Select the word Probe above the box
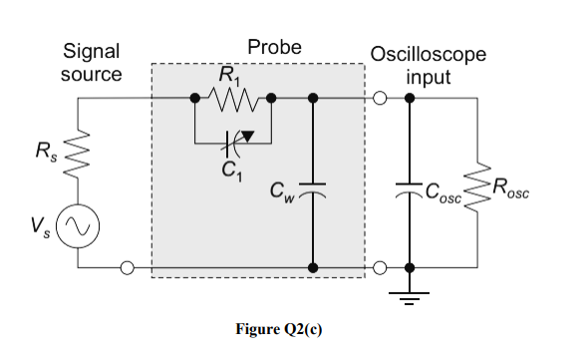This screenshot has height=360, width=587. tap(274, 47)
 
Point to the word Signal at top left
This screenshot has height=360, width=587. tap(91, 51)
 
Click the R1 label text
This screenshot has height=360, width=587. tap(229, 74)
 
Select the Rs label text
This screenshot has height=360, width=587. tap(43, 154)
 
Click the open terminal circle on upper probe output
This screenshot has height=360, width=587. tap(380, 99)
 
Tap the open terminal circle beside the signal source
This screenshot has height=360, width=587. tap(127, 267)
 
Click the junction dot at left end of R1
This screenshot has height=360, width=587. tap(196, 99)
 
